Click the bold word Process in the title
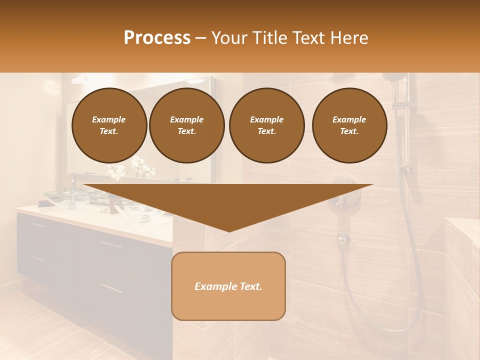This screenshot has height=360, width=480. click(x=157, y=38)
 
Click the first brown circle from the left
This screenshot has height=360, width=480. click(x=109, y=125)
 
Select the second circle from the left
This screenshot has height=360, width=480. click(x=186, y=125)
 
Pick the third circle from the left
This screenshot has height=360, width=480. click(x=266, y=125)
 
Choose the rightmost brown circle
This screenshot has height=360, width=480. click(x=349, y=125)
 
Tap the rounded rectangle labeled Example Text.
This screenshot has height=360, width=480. click(x=228, y=286)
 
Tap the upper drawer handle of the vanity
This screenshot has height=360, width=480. click(x=111, y=244)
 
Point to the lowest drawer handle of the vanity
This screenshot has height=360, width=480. click(x=111, y=288)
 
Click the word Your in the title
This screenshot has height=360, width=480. click(x=228, y=38)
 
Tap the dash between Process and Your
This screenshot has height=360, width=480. click(x=200, y=38)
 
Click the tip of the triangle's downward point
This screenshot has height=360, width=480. click(x=229, y=230)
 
